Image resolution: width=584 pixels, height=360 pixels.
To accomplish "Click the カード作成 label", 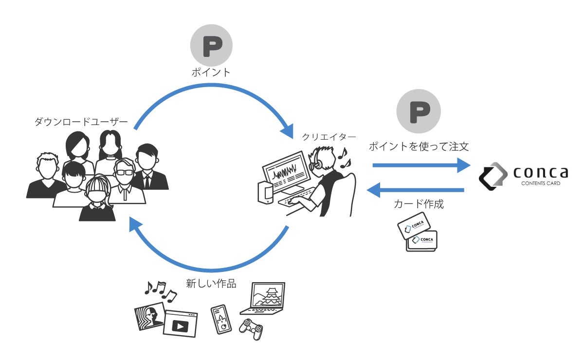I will (x=419, y=204).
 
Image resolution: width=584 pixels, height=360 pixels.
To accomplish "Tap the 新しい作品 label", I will (x=211, y=283).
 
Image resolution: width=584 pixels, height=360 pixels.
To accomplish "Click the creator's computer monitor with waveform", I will (x=285, y=173).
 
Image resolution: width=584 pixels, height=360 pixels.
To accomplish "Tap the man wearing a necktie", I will (x=147, y=168).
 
